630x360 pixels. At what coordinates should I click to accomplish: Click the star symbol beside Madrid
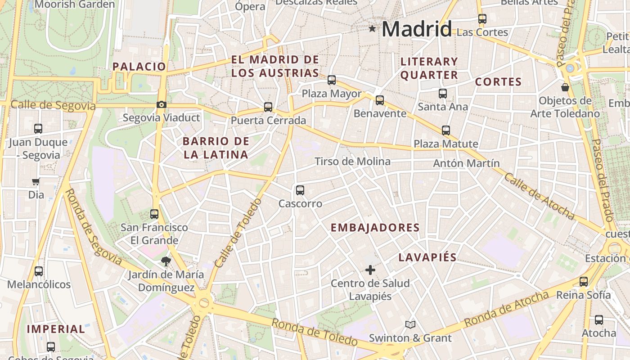point(372,29)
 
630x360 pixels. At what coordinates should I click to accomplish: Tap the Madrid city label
point(417,30)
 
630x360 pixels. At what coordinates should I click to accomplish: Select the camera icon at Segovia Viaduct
point(161,105)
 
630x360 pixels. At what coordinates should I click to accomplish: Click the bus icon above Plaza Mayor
point(332,80)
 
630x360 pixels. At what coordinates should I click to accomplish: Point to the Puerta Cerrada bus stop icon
point(268,107)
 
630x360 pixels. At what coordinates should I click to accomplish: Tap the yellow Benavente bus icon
point(380,100)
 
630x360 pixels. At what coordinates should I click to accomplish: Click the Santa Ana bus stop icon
point(443,93)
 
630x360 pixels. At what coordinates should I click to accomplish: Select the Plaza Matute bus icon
point(446,130)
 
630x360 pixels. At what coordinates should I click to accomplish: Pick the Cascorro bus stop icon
point(300,190)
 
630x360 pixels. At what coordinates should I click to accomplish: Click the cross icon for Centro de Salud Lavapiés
point(370,270)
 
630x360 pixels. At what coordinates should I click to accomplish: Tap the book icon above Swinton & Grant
point(410,324)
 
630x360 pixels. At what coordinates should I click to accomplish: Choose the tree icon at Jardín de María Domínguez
point(166,261)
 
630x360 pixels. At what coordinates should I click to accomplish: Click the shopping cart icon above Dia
point(36,181)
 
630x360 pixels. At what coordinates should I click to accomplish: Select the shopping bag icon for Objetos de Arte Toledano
point(565,87)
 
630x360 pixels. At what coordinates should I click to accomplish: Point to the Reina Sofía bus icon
point(584,282)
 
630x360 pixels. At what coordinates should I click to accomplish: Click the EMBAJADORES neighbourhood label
point(375,228)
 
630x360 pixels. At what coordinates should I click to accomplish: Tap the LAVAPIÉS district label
point(427,257)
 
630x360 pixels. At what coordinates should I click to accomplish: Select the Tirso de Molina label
point(352,161)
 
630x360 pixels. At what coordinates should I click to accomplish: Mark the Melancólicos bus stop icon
point(39,271)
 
